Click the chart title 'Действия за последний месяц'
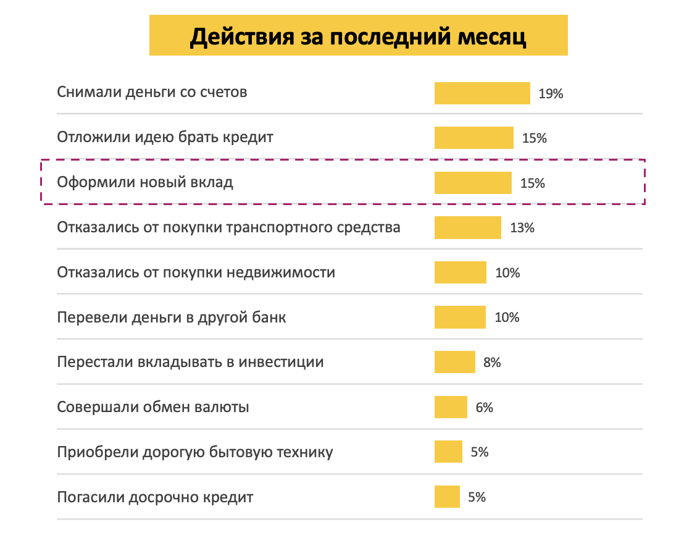[x=358, y=36]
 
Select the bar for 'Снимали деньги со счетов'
[x=482, y=93]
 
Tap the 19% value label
[x=551, y=94]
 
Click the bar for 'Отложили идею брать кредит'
[x=473, y=138]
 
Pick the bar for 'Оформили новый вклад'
[x=473, y=183]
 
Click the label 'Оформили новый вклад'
[x=145, y=183]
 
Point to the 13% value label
[x=522, y=228]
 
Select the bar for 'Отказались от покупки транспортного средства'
[x=467, y=227]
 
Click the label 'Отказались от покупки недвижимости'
[x=196, y=272]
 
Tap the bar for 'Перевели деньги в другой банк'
[x=460, y=318]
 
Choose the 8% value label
[x=492, y=363]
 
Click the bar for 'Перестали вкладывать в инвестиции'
[x=454, y=362]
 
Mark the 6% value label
[x=485, y=408]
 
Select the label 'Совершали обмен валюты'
[x=153, y=408]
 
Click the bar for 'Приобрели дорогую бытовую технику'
[x=448, y=452]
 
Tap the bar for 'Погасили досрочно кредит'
[x=447, y=497]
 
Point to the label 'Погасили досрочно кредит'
[x=155, y=497]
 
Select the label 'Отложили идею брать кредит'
[x=165, y=137]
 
